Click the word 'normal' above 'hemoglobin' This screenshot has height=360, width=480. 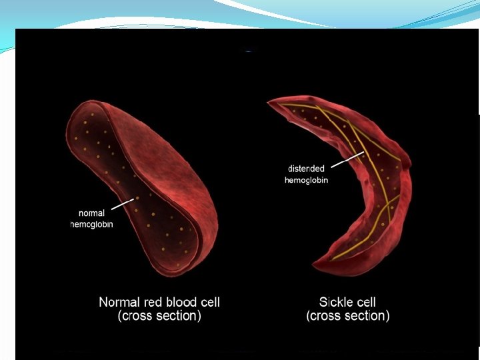click(x=92, y=213)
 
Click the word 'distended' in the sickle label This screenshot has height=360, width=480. click(x=306, y=169)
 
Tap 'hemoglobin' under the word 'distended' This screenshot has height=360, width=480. click(x=306, y=180)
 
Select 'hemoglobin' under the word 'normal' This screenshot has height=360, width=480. click(x=92, y=225)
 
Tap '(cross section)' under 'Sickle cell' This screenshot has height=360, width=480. click(x=348, y=316)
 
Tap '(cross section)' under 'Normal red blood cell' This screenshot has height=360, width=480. click(x=159, y=316)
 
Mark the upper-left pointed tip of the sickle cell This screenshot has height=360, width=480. click(x=269, y=102)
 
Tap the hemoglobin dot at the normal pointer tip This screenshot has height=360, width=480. click(x=137, y=197)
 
